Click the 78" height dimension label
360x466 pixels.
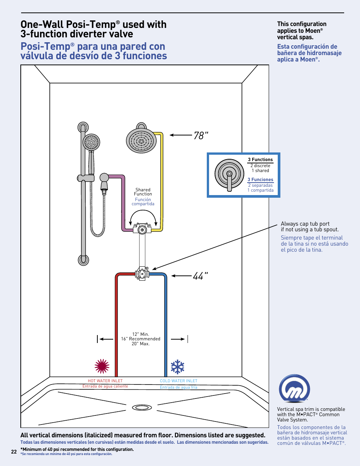[201, 135]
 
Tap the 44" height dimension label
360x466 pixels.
[200, 276]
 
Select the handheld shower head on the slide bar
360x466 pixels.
[91, 143]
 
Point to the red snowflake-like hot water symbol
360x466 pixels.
[102, 366]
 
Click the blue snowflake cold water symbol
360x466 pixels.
[177, 367]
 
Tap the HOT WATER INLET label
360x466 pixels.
[105, 381]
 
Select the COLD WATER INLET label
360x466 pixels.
[178, 381]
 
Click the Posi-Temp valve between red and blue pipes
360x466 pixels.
[142, 274]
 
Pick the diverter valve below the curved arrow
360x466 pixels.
[142, 229]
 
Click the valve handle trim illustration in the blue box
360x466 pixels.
[229, 174]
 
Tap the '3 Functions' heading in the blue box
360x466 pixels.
[260, 160]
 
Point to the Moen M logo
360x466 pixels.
[294, 389]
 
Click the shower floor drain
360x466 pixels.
[142, 408]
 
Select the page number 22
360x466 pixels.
[14, 452]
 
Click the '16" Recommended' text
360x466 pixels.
[141, 339]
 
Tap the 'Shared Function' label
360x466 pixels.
[143, 192]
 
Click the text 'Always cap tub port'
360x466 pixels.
[305, 224]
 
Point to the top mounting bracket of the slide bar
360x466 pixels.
[83, 127]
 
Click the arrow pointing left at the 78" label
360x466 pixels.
[181, 135]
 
